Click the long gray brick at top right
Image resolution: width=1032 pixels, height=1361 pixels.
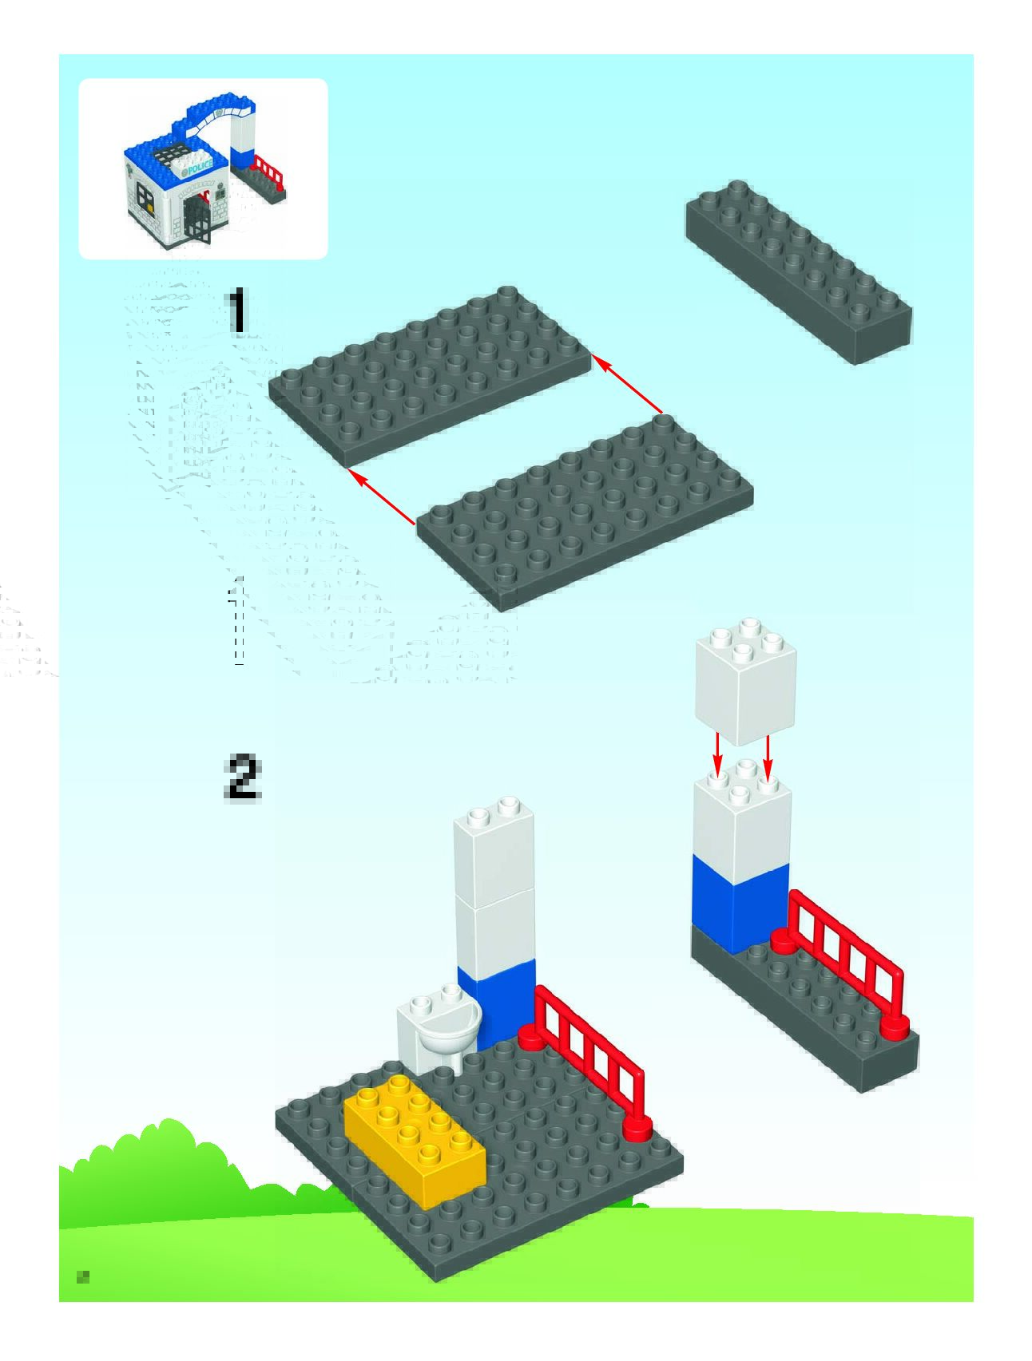coord(798,271)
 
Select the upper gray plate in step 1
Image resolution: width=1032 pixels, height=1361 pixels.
coord(429,374)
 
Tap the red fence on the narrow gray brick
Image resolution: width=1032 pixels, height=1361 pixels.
coord(847,962)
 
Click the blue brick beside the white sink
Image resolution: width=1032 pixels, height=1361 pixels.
coord(497,1002)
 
